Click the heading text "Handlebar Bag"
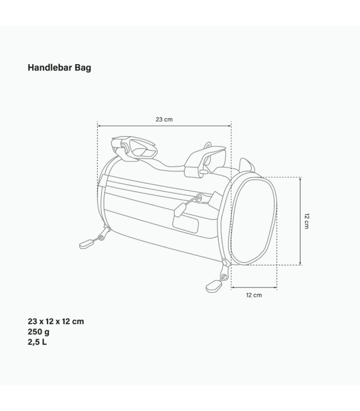pyautogui.click(x=59, y=67)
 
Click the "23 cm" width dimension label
pyautogui.click(x=164, y=119)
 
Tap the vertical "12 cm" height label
pyautogui.click(x=307, y=221)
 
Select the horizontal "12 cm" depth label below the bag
pyautogui.click(x=254, y=295)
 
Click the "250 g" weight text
pyautogui.click(x=39, y=332)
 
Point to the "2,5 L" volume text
pyautogui.click(x=37, y=342)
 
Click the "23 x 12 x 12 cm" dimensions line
pyautogui.click(x=56, y=322)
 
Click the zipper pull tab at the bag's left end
pyautogui.click(x=87, y=243)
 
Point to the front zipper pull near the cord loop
pyautogui.click(x=179, y=208)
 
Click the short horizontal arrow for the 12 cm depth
pyautogui.click(x=254, y=288)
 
